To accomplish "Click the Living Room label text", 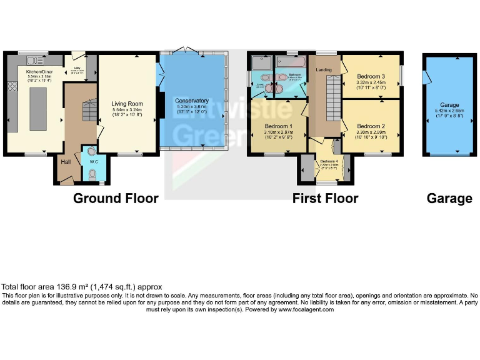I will tap(127, 104).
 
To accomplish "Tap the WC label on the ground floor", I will tap(92, 161).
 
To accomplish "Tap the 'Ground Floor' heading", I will tap(116, 198).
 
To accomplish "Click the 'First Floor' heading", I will tap(325, 198).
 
